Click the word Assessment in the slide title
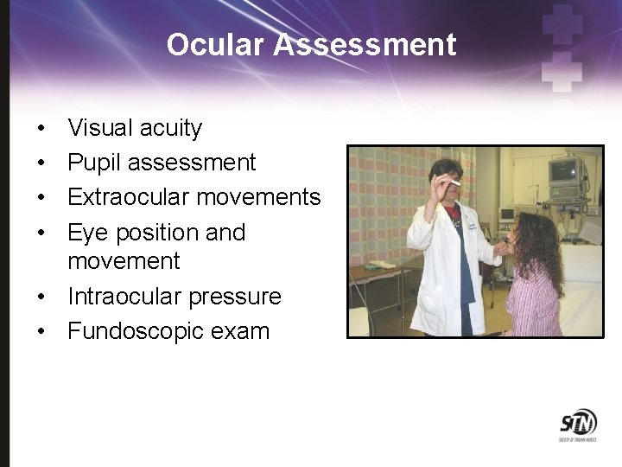(x=365, y=45)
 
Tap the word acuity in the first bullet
(x=170, y=129)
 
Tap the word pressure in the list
(x=238, y=297)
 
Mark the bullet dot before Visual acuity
(x=41, y=130)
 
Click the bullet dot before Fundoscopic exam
(x=41, y=332)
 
